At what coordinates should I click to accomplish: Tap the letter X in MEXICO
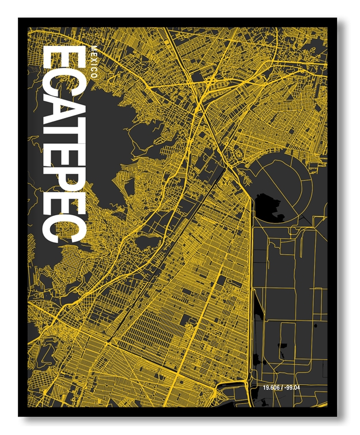[94, 59]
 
